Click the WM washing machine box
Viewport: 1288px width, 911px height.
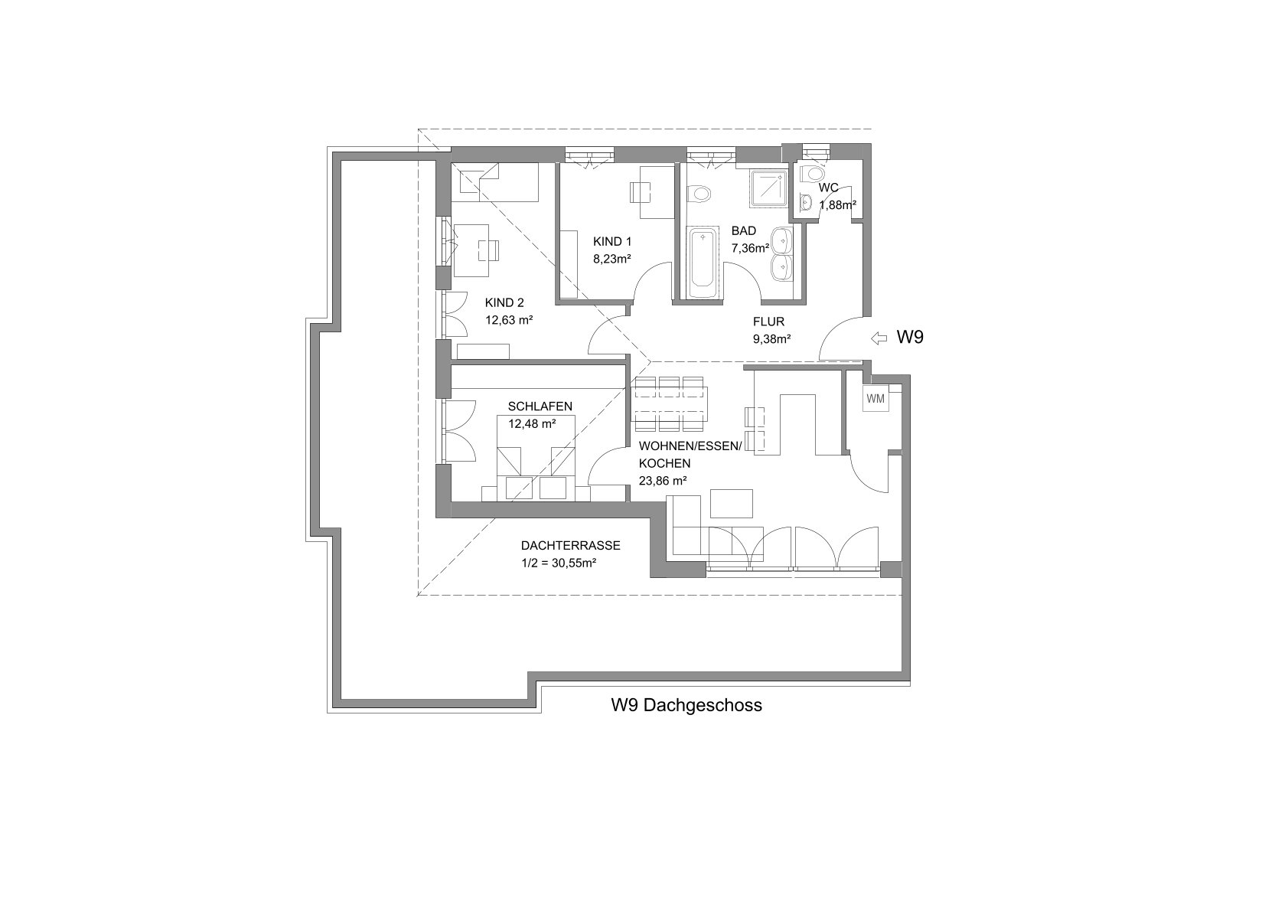(876, 399)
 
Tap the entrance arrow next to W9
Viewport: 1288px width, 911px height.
(879, 338)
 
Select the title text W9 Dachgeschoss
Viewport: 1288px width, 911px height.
(686, 705)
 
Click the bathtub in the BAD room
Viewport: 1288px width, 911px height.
(703, 264)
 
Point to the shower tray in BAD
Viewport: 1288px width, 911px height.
(768, 188)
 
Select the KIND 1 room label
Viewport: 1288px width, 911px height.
(612, 242)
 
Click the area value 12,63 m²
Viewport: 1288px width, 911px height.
(509, 320)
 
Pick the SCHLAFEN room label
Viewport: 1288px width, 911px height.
(540, 406)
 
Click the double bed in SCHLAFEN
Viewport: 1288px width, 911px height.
(535, 458)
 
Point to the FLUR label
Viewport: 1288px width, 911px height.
(769, 322)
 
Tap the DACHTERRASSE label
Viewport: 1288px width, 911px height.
(570, 545)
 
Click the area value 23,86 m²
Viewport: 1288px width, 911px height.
(663, 481)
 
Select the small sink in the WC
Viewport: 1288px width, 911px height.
(806, 202)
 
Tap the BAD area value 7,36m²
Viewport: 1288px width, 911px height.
(750, 248)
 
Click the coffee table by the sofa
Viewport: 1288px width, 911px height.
(732, 504)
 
